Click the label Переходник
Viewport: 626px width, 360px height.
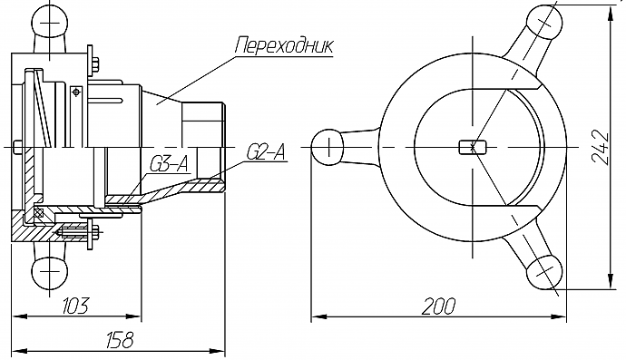point(284,46)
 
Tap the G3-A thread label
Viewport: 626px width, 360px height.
point(169,164)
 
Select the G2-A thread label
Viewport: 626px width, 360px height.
point(267,152)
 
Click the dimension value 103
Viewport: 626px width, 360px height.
point(75,306)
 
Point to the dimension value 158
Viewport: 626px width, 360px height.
point(120,340)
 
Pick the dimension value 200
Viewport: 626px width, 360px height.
point(438,306)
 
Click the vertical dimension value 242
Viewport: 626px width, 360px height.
point(600,147)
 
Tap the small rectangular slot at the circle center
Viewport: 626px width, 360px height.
point(473,147)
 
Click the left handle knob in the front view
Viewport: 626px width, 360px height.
point(328,147)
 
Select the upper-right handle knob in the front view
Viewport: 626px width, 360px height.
point(544,24)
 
